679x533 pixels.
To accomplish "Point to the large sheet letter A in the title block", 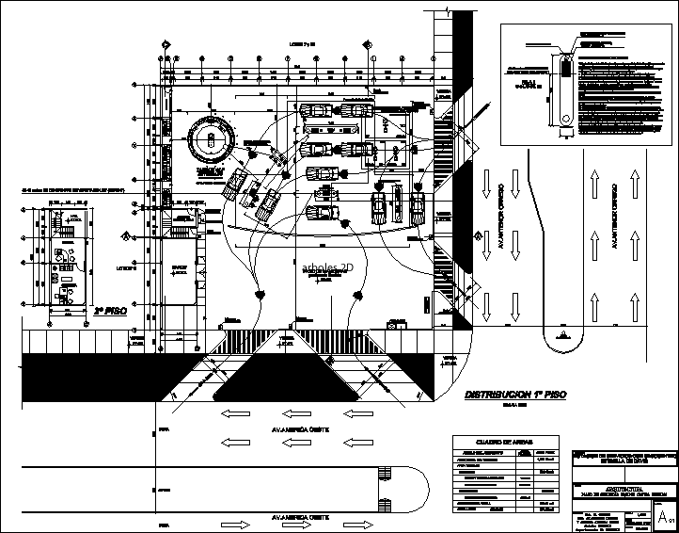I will point(664,517).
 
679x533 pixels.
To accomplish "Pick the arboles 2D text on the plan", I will point(326,266).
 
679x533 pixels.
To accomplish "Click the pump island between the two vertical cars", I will point(396,202).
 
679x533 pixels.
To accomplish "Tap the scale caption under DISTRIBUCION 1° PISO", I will point(512,407).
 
